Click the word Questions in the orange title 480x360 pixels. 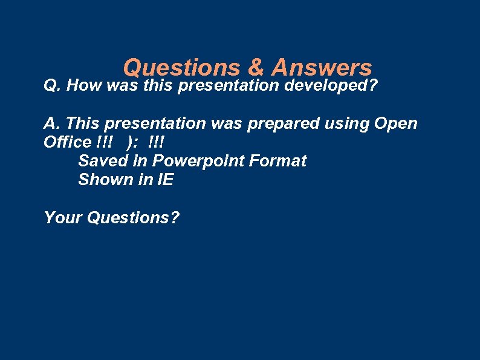point(181,67)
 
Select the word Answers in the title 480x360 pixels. point(322,67)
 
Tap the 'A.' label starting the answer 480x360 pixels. point(52,124)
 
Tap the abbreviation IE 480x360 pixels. point(164,180)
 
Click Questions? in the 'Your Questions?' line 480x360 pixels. point(133,217)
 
